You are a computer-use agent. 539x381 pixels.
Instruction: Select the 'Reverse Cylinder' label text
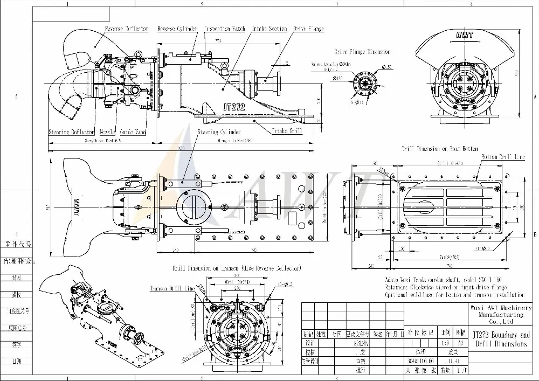coord(177,28)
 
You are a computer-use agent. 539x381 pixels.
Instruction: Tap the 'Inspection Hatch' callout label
coord(225,28)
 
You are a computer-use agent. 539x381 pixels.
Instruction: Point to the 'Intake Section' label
coord(270,28)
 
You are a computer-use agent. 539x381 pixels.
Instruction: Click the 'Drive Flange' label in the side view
coord(308,28)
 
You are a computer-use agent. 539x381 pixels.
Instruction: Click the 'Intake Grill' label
coord(287,130)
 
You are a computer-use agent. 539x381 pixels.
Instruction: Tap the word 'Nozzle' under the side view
coord(107,132)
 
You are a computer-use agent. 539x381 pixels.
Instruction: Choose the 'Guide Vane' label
coord(133,132)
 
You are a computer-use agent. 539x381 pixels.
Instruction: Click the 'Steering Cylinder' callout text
coord(218,131)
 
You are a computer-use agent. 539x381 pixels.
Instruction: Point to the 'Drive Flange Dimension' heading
coord(362,52)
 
